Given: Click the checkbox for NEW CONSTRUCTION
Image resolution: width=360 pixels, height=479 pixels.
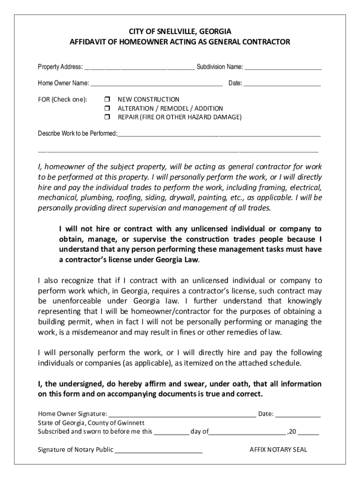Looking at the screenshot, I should (106, 100).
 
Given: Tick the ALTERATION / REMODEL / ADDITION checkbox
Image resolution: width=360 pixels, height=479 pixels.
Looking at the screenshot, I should (106, 109).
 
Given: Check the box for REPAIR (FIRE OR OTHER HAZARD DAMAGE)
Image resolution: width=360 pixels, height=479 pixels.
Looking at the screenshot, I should (106, 117).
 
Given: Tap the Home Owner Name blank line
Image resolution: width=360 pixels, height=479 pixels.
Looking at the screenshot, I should (156, 85).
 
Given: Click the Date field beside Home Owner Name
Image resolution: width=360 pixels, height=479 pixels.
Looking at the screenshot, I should (282, 85).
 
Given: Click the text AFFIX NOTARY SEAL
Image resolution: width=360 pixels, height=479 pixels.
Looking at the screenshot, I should (278, 450).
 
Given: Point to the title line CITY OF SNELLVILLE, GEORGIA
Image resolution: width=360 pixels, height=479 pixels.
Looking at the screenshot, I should (180, 32).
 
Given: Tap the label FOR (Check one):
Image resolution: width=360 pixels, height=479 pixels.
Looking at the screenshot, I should (63, 100).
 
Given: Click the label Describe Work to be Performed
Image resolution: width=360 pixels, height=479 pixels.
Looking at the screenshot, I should (77, 134).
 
